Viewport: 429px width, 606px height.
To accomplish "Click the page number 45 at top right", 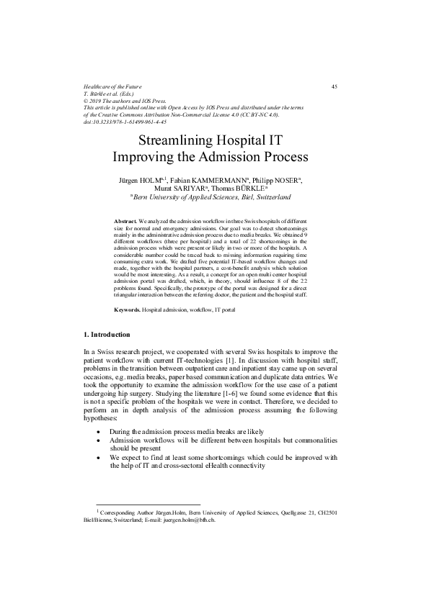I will coord(335,86).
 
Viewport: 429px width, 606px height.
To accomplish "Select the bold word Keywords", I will coord(128,309).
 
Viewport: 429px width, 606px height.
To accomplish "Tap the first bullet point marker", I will coord(98,431).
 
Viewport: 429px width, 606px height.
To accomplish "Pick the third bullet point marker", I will coord(98,457).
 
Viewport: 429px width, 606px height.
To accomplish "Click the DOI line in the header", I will coord(125,122).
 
